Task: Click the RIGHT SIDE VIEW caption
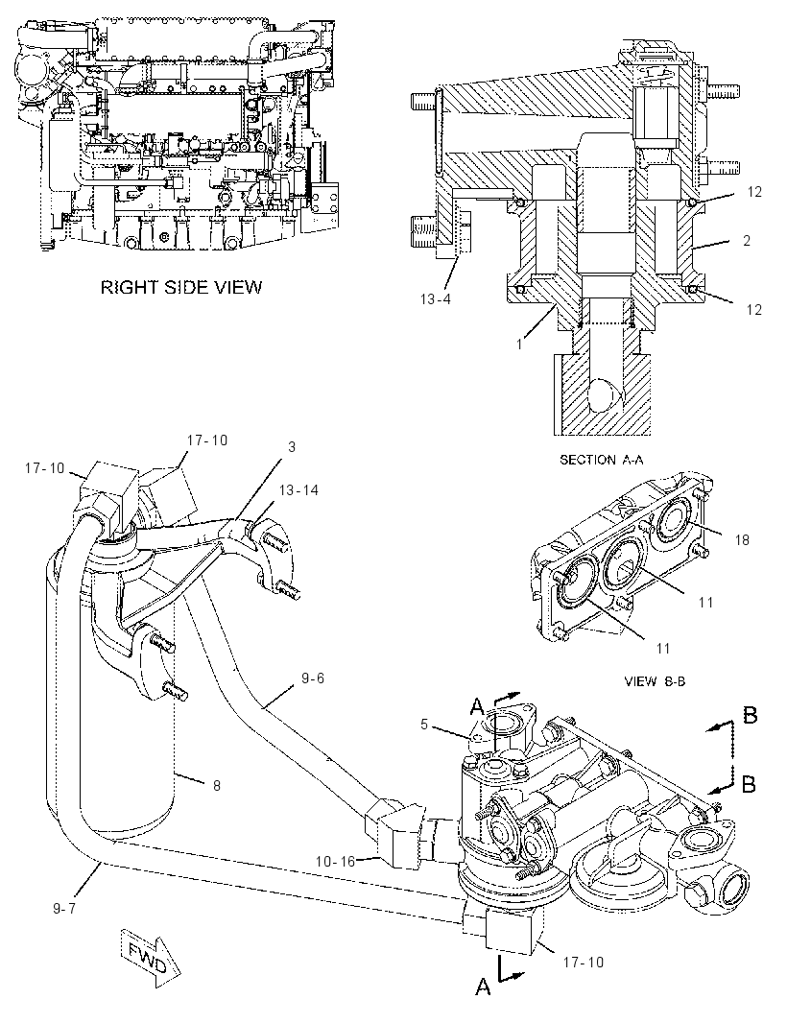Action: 181,287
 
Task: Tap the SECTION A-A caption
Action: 601,460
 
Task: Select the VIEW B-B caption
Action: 655,681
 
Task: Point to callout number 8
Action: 217,786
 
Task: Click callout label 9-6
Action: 313,678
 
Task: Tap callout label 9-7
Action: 64,908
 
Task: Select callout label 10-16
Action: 335,861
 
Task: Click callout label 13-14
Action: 298,490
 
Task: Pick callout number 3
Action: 292,447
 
